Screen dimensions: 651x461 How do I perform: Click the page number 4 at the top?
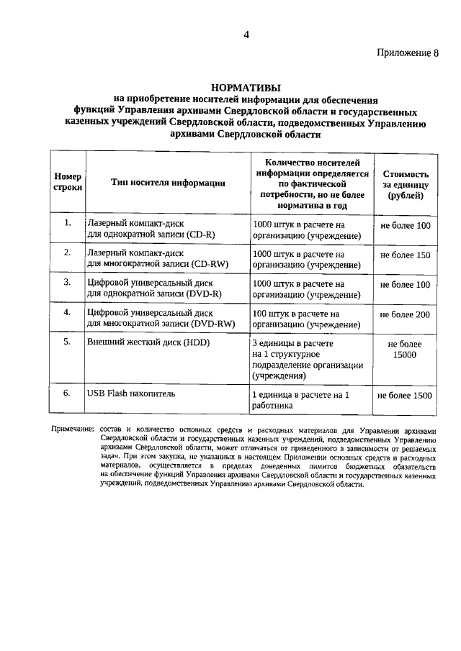pos(246,35)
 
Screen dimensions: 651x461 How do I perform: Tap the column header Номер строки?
pos(68,181)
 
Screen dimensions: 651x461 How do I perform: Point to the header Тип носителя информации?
pos(168,183)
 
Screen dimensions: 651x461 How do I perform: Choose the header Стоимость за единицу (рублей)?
pos(406,183)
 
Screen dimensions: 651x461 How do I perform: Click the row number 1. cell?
pos(67,223)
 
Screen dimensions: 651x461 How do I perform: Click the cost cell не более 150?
pos(405,255)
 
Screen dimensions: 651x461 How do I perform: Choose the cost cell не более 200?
pos(405,314)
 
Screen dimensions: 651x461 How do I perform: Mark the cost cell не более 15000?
pos(405,350)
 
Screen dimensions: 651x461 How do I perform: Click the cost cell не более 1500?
pos(405,396)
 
